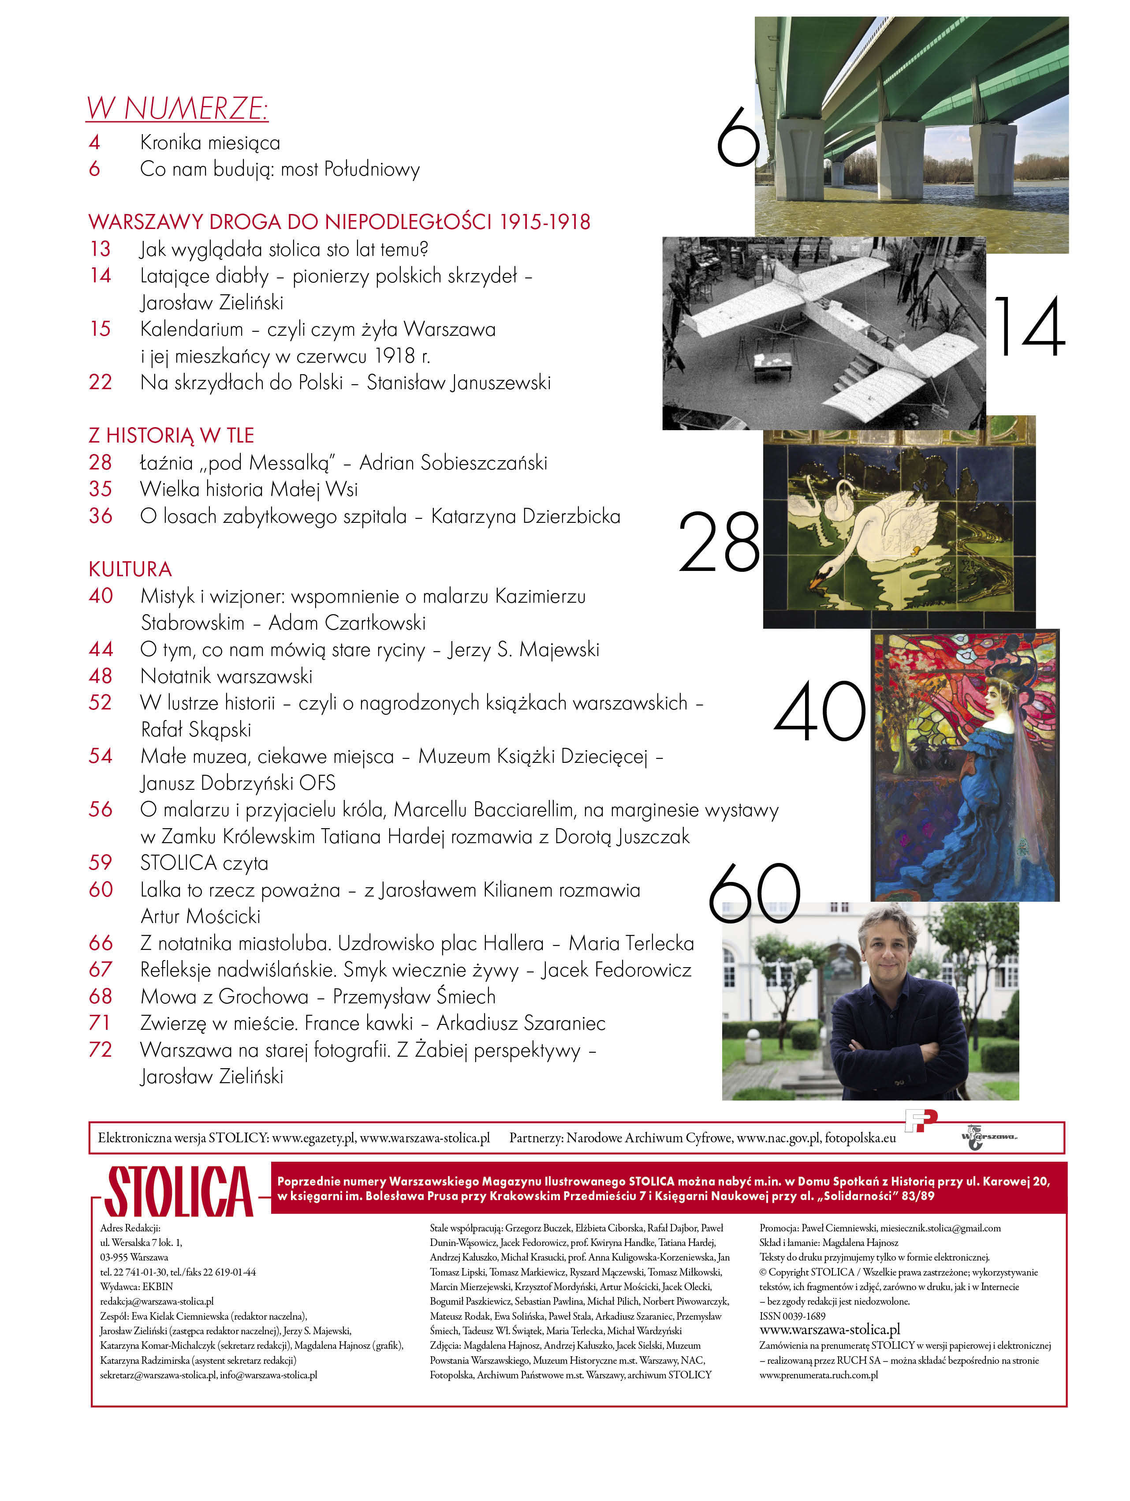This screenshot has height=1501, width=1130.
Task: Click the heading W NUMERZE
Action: point(177,109)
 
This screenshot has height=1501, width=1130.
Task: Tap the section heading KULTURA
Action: point(130,569)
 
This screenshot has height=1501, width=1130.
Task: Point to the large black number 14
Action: point(1029,327)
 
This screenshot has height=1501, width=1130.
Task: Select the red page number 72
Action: point(101,1050)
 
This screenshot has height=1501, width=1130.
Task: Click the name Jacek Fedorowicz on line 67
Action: point(616,970)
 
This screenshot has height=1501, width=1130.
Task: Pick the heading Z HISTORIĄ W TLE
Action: point(171,435)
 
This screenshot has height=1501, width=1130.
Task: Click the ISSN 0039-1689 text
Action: point(792,1316)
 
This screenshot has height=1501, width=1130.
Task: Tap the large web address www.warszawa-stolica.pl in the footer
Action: point(829,1329)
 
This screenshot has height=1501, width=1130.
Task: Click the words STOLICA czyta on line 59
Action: point(204,863)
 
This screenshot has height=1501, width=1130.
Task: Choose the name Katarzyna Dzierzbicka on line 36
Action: point(526,516)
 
